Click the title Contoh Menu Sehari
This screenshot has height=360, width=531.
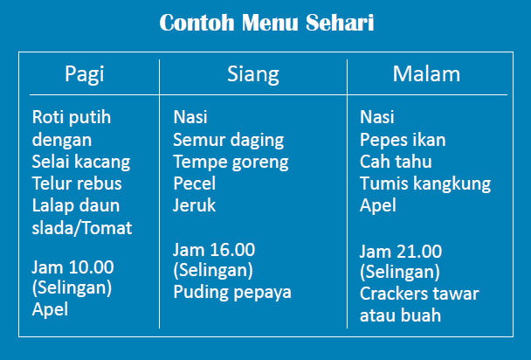tap(266, 23)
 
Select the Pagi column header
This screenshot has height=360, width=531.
tap(84, 73)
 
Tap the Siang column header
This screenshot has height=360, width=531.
tap(253, 73)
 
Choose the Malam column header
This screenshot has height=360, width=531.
tap(426, 73)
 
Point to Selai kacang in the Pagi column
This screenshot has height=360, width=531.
tap(80, 162)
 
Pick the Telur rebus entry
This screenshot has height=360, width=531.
tap(77, 183)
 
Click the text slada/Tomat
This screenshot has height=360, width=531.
tap(82, 228)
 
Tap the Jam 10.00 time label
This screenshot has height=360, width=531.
tap(72, 267)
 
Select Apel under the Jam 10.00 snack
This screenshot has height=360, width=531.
tap(50, 308)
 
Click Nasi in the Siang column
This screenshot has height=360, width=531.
tap(190, 117)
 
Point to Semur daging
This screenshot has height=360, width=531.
tap(229, 140)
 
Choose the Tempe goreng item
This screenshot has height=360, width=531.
tap(231, 162)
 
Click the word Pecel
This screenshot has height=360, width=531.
tap(194, 183)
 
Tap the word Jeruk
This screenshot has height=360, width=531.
tap(194, 206)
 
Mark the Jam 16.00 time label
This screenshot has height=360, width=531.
tap(214, 250)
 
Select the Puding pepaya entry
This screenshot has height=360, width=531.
tap(231, 292)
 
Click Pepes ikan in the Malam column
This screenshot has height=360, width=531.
tap(403, 140)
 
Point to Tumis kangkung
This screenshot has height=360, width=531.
tap(425, 183)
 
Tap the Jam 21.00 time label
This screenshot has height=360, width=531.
tap(401, 252)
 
